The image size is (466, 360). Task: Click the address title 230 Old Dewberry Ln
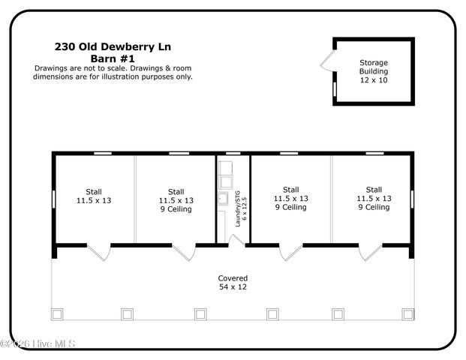click(x=113, y=46)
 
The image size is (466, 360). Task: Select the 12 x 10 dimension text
click(x=374, y=80)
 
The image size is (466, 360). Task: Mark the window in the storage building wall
click(x=334, y=89)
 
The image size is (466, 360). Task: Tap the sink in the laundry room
click(x=223, y=199)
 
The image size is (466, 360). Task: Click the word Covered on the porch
click(x=233, y=278)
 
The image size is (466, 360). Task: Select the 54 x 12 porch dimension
click(x=233, y=287)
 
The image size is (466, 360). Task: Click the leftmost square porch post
click(x=56, y=313)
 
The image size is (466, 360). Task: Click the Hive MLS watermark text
click(x=39, y=344)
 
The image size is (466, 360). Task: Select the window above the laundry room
click(x=233, y=154)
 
